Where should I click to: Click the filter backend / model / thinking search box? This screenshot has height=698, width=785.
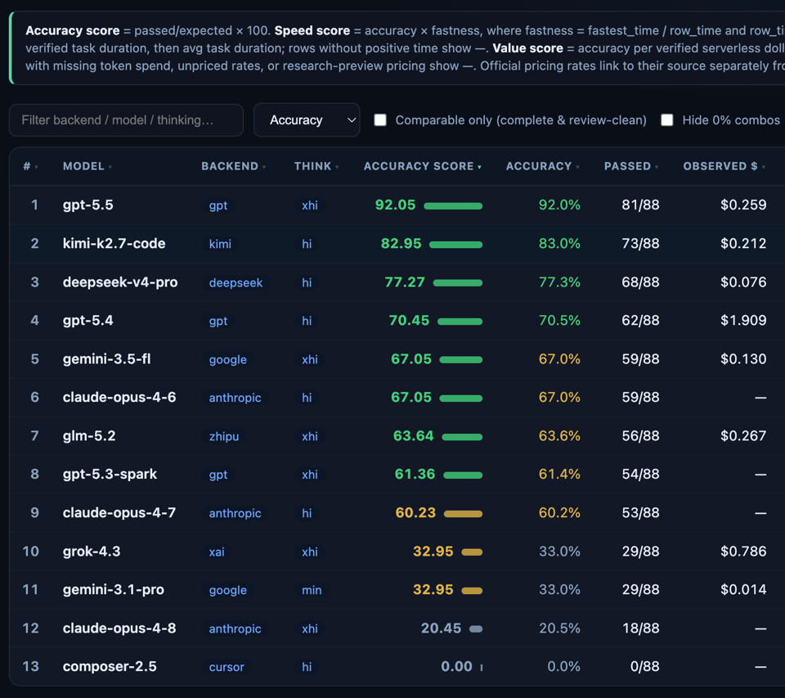tap(126, 120)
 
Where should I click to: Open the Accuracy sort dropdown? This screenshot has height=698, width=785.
tap(307, 120)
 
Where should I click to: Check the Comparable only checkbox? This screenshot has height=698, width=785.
tap(380, 120)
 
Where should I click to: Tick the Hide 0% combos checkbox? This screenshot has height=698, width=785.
tap(667, 120)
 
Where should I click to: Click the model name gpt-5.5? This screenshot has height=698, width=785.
tap(88, 205)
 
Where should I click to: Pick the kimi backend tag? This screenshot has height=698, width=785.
tap(220, 244)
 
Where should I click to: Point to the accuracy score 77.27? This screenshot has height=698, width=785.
tap(405, 282)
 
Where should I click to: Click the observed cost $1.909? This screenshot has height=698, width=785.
tap(743, 320)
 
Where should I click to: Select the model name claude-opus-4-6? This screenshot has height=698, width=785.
tap(119, 398)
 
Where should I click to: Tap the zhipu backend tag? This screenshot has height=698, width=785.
tap(224, 436)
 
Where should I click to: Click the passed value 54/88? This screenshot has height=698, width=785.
tap(640, 474)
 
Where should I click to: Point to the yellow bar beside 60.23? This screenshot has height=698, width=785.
tap(463, 514)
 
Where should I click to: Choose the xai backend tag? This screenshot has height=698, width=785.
tap(217, 552)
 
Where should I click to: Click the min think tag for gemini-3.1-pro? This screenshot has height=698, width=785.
tap(312, 590)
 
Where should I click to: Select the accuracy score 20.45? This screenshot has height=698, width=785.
tap(441, 628)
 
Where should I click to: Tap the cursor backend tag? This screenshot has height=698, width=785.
tap(227, 668)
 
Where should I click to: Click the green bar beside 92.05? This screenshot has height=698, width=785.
tap(453, 206)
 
